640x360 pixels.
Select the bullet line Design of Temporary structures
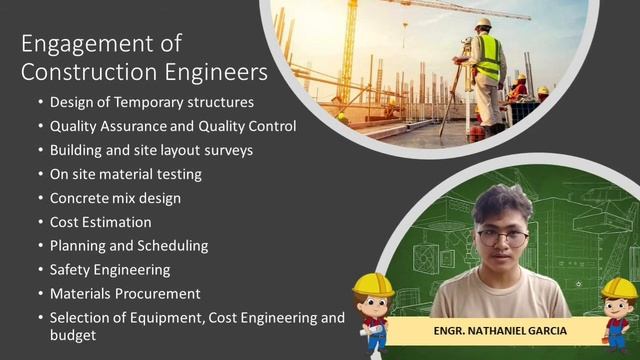[152, 102]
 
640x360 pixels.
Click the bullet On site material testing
[125, 174]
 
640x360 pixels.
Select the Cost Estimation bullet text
[101, 222]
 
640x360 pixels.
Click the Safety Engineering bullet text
[110, 270]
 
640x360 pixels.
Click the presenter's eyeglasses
[502, 237]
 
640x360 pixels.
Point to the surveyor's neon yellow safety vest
[487, 60]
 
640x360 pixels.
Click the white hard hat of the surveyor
[483, 23]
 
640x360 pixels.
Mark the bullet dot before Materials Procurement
[40, 295]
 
